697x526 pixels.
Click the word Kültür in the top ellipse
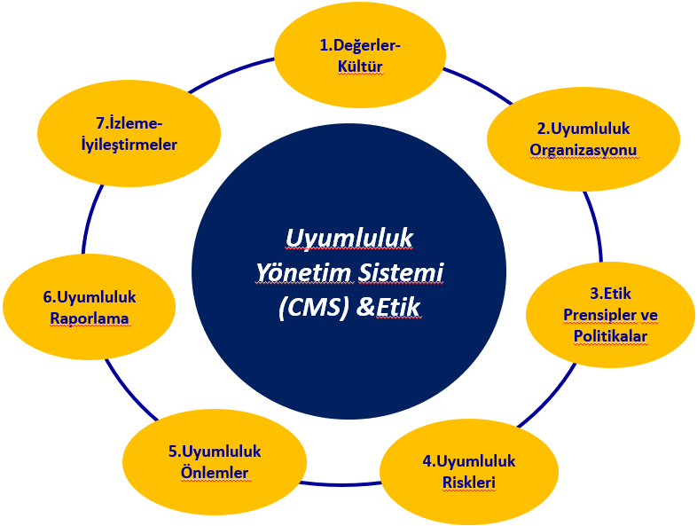(360, 67)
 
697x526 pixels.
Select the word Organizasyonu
(583, 150)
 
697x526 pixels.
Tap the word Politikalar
(610, 335)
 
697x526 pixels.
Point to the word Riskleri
(468, 483)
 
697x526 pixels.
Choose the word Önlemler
(215, 472)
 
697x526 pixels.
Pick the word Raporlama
(90, 318)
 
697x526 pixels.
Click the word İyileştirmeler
(129, 145)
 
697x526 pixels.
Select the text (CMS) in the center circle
(313, 308)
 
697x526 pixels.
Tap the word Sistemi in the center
(401, 272)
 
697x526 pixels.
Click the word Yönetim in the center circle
(303, 272)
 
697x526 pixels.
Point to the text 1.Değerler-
(360, 45)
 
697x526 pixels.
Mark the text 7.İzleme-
(129, 123)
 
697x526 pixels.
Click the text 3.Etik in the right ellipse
(610, 294)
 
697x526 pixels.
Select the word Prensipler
(600, 315)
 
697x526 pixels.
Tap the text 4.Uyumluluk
(468, 461)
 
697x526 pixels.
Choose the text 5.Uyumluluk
(215, 451)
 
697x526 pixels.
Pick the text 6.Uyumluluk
(90, 297)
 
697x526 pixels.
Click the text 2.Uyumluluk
(583, 129)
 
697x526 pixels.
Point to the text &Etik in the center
(388, 308)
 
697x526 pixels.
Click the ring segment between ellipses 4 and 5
(340, 483)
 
